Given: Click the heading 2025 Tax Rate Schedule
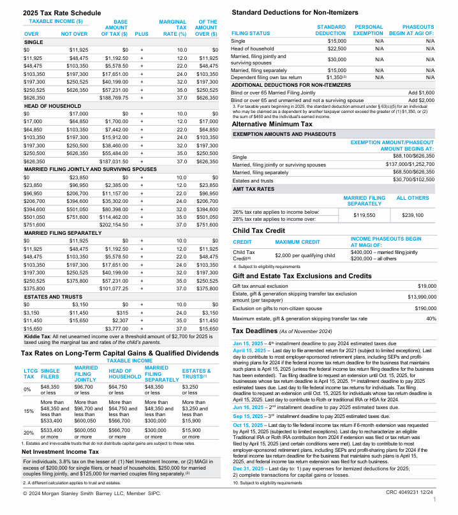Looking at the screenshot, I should point(63,12).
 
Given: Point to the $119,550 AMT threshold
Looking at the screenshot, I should point(364,216).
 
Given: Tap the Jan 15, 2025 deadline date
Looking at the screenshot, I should point(251,343).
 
